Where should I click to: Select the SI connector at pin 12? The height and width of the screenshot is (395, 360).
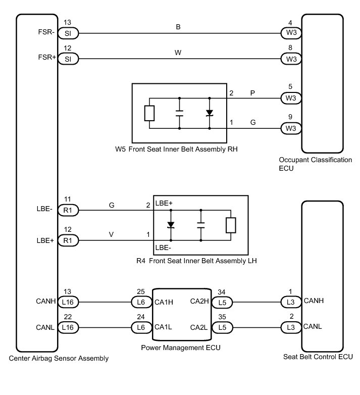pyautogui.click(x=68, y=59)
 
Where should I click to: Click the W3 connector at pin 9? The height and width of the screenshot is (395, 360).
pyautogui.click(x=291, y=128)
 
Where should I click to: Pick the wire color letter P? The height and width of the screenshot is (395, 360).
pyautogui.click(x=252, y=93)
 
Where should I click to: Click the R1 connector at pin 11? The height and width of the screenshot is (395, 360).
pyautogui.click(x=68, y=209)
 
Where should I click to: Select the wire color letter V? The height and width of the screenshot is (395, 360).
pyautogui.click(x=111, y=235)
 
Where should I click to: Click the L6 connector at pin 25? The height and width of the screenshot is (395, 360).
pyautogui.click(x=141, y=302)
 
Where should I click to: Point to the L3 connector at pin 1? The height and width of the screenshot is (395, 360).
pyautogui.click(x=291, y=302)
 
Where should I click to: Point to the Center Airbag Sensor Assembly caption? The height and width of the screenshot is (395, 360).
pyautogui.click(x=59, y=359)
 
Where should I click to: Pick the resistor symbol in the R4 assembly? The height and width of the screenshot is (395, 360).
pyautogui.click(x=231, y=225)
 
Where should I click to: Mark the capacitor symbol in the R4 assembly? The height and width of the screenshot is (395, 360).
pyautogui.click(x=200, y=225)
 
